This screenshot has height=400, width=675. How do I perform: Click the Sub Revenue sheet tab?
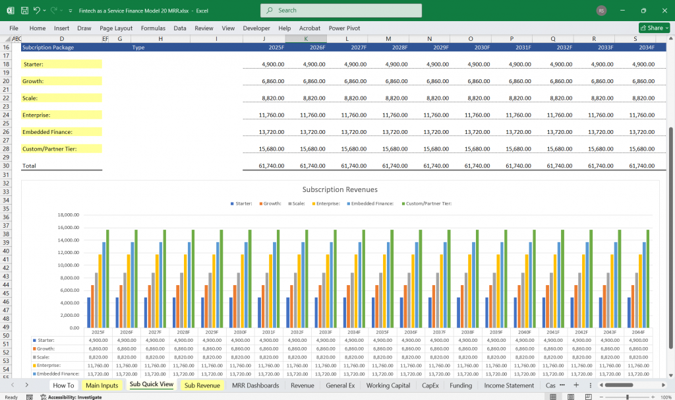pyautogui.click(x=202, y=385)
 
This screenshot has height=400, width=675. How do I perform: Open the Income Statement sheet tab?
pyautogui.click(x=509, y=385)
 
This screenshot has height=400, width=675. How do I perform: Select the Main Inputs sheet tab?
pyautogui.click(x=102, y=385)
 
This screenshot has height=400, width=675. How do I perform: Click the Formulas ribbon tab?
pyautogui.click(x=153, y=28)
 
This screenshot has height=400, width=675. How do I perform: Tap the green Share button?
pyautogui.click(x=654, y=28)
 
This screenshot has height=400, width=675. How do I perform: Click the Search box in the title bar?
pyautogui.click(x=341, y=11)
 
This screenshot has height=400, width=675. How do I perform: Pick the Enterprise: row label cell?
pyautogui.click(x=62, y=115)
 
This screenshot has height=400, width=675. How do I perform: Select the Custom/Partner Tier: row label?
pyautogui.click(x=62, y=149)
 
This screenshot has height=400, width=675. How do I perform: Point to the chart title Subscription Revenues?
pyautogui.click(x=339, y=189)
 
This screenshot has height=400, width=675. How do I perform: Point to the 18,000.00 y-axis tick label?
pyautogui.click(x=69, y=215)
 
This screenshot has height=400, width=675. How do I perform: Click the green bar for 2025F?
pyautogui.click(x=107, y=279)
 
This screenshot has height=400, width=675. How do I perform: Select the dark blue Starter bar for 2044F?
pyautogui.click(x=630, y=312)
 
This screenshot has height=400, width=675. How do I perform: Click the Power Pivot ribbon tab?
pyautogui.click(x=345, y=28)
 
